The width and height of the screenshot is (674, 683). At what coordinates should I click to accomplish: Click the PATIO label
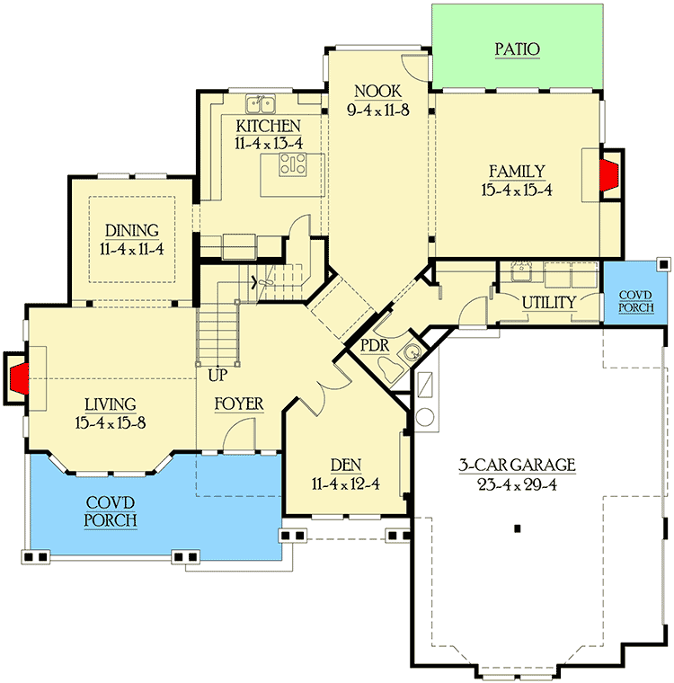(x=517, y=49)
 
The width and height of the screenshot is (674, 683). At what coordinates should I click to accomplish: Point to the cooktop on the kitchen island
(x=294, y=164)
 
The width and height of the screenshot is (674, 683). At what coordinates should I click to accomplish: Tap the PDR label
(x=374, y=345)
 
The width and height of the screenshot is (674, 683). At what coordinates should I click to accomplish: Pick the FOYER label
(x=238, y=404)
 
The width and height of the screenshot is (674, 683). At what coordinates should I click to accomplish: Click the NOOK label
(x=377, y=92)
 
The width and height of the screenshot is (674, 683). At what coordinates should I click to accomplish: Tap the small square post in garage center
(x=519, y=528)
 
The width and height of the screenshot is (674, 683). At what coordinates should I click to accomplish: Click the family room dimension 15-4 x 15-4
(x=517, y=190)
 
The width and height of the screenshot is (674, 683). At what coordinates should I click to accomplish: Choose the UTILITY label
(x=548, y=303)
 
